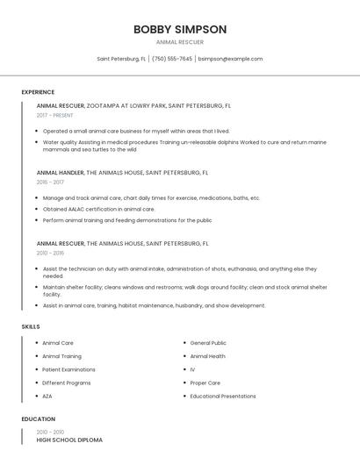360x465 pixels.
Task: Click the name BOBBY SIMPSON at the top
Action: (180, 30)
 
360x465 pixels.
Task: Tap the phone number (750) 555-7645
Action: (172, 59)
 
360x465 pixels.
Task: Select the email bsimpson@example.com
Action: (230, 59)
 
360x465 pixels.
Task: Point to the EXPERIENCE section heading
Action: (38, 92)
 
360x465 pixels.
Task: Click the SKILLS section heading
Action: (31, 326)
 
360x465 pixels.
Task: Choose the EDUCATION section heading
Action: (39, 419)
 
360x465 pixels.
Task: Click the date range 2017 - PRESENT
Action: (55, 115)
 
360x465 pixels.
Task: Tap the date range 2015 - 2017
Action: (50, 182)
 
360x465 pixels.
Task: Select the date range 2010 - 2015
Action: (50, 252)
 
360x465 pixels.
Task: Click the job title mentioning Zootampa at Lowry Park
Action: (133, 105)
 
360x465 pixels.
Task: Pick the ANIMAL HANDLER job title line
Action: (122, 172)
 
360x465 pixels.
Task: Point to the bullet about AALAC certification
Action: (98, 209)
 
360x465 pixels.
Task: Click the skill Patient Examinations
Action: (68, 369)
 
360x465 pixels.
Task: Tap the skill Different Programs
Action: (67, 383)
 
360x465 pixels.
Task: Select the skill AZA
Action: (47, 396)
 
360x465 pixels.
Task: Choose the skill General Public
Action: (208, 343)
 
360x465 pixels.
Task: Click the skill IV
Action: (192, 369)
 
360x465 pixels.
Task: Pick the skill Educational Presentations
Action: (223, 396)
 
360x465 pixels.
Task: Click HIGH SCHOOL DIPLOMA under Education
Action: (69, 440)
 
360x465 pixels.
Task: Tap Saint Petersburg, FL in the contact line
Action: (121, 59)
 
